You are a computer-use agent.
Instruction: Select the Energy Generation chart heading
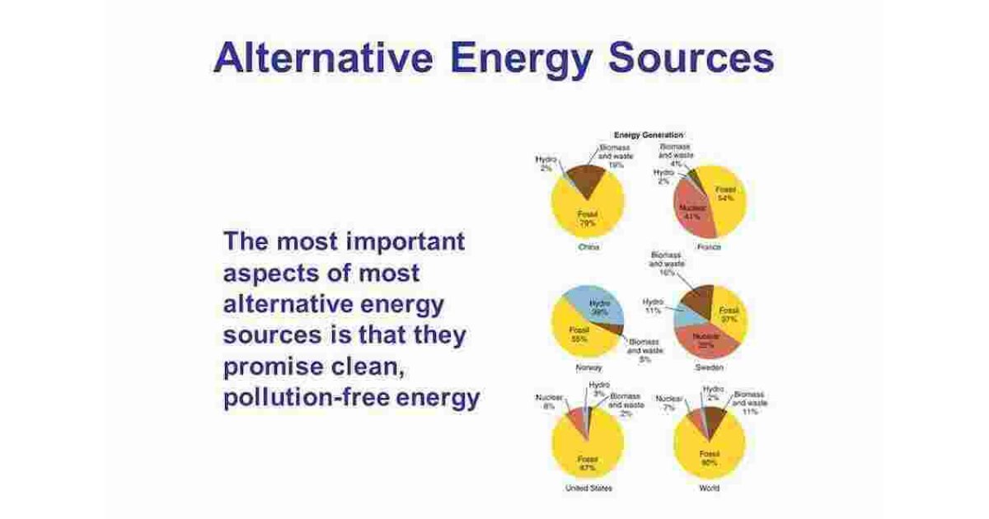point(649,134)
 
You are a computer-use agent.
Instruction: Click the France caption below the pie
point(709,247)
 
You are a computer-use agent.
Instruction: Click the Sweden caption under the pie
point(709,367)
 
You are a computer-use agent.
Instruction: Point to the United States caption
point(587,489)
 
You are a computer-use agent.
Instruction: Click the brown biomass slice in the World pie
point(716,419)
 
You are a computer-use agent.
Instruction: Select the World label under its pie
point(708,489)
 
